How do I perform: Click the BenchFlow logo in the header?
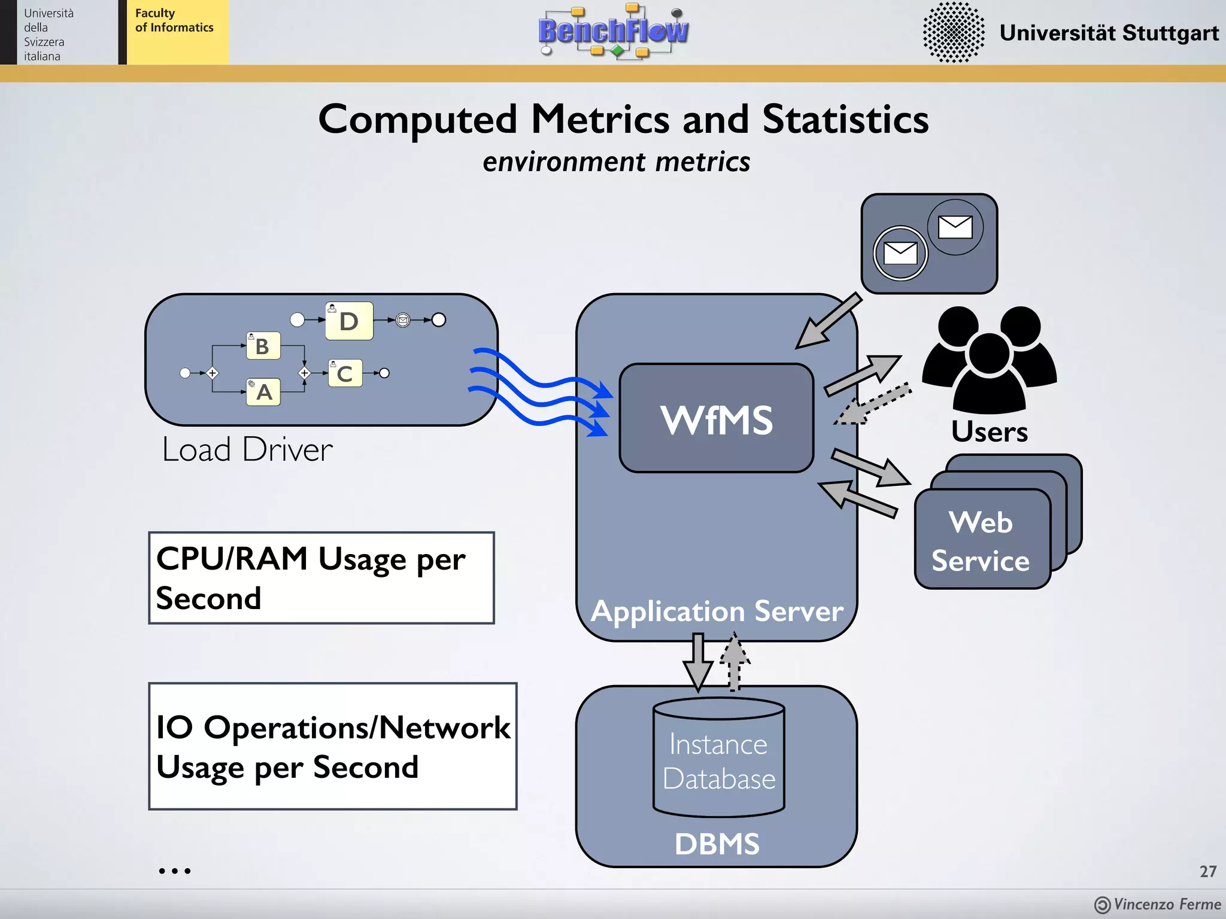click(613, 31)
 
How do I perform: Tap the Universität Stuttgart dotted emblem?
click(953, 32)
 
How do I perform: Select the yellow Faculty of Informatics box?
click(177, 32)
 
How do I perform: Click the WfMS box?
click(716, 419)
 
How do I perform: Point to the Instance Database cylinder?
click(718, 759)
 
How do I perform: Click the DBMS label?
click(717, 844)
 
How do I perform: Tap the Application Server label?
click(717, 611)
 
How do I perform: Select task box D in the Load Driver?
click(349, 321)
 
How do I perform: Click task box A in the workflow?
click(263, 392)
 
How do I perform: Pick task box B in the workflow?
click(263, 346)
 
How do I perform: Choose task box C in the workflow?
click(345, 373)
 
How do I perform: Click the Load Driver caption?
click(247, 450)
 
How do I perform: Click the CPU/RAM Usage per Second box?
click(321, 578)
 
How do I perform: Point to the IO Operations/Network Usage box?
click(333, 747)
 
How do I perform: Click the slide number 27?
click(1207, 871)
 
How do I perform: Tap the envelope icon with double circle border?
click(900, 253)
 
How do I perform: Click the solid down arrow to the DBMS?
click(697, 661)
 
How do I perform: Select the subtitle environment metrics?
click(616, 162)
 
